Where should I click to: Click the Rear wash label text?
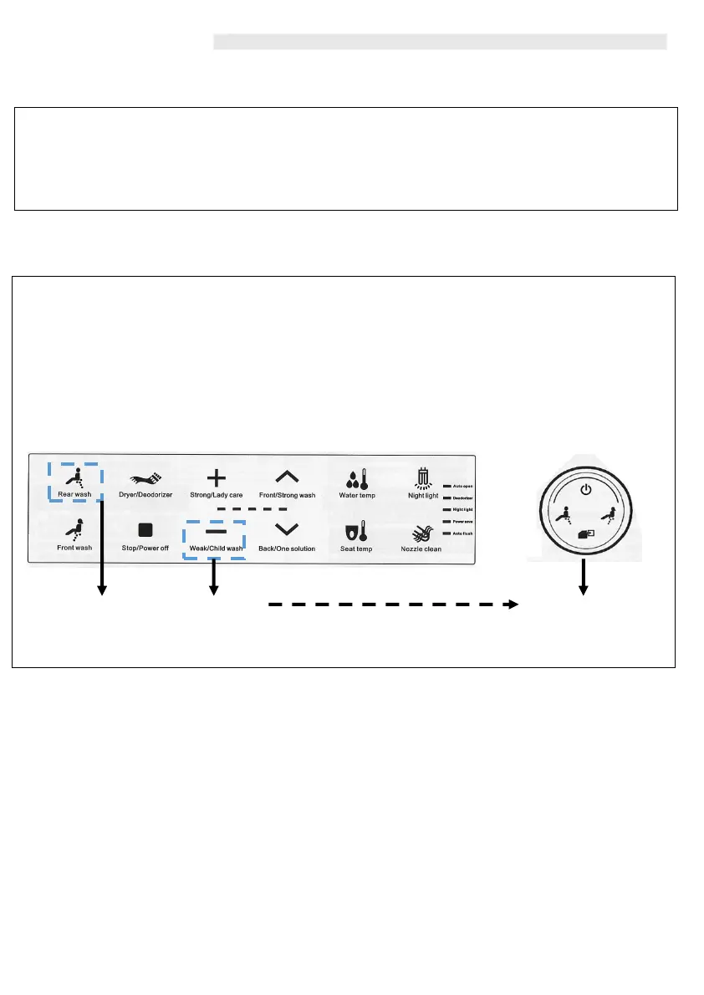pos(74,495)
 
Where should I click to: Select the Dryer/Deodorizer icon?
pos(150,479)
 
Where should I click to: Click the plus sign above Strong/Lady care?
pos(216,478)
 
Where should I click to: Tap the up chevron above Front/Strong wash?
pos(287,477)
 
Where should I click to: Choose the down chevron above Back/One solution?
pos(287,529)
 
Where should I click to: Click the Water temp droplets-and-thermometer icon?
pos(356,479)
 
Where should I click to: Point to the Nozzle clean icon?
pos(421,531)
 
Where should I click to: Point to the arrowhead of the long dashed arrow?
pos(513,604)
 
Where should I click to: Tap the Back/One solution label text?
pos(288,549)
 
